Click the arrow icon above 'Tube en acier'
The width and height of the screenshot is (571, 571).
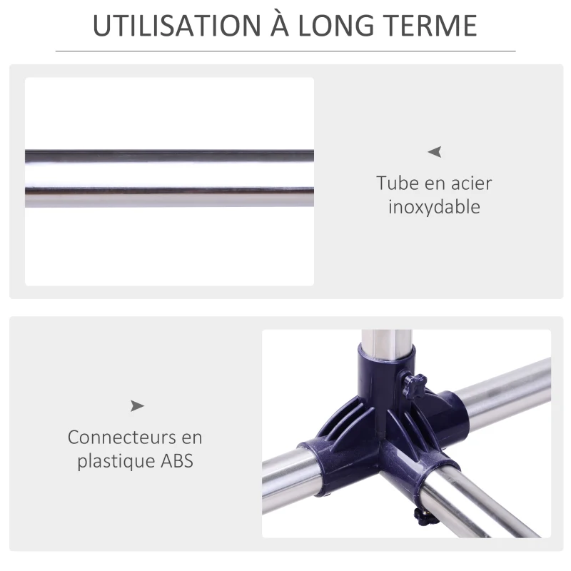point(435,151)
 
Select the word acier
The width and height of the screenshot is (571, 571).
point(470,183)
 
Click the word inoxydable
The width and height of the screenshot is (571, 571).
point(434,207)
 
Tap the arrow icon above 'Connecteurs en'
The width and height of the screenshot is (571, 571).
point(137,405)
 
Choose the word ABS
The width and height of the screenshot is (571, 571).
point(176,460)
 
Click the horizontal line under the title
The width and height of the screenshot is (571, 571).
point(285,51)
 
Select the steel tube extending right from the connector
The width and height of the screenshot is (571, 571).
point(507,389)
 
